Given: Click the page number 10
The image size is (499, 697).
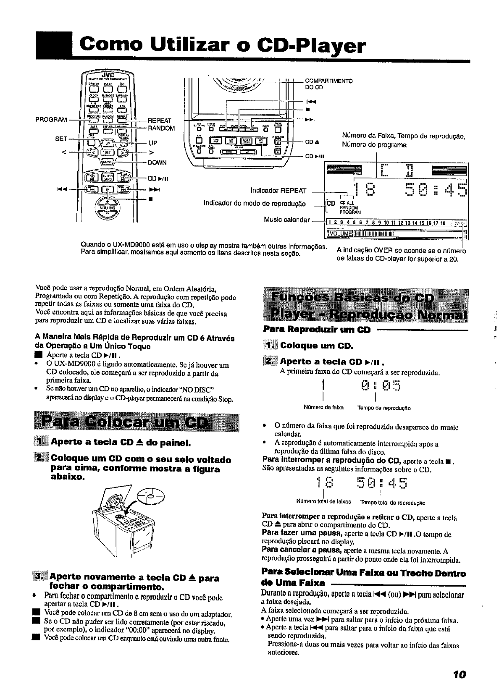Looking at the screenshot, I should pyautogui.click(x=459, y=675).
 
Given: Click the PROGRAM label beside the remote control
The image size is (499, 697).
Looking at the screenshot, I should pyautogui.click(x=52, y=120).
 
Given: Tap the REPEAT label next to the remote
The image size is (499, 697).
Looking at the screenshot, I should pyautogui.click(x=160, y=121).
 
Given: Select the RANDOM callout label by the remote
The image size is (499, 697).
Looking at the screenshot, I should pyautogui.click(x=161, y=128).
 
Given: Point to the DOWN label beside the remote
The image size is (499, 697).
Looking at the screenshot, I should pyautogui.click(x=158, y=162).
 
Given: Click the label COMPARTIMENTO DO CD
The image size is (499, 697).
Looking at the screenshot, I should pyautogui.click(x=328, y=84).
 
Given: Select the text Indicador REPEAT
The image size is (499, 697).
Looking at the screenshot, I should pyautogui.click(x=278, y=191).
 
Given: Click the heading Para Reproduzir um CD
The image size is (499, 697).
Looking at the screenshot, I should pyautogui.click(x=317, y=330).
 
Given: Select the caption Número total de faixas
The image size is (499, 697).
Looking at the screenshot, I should pyautogui.click(x=321, y=503).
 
